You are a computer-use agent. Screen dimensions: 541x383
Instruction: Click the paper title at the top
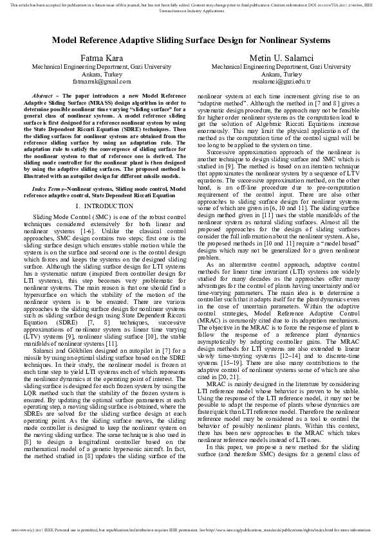pos(191,40)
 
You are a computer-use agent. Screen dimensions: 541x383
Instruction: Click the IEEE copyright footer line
pos(191,530)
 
